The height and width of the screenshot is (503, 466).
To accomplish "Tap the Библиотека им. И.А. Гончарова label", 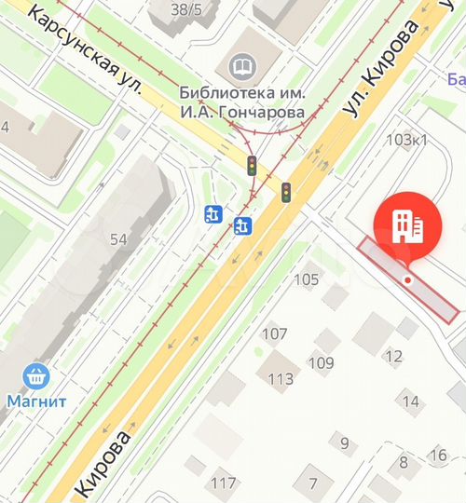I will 242,102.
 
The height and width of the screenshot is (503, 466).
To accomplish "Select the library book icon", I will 241,66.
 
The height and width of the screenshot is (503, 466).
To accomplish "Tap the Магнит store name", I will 36,402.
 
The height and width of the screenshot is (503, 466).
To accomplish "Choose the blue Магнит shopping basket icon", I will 36,377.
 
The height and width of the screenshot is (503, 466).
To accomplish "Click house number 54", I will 118,239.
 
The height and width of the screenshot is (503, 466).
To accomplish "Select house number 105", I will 306,279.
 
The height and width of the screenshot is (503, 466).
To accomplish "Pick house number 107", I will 274,333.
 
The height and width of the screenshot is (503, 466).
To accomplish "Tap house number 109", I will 321,362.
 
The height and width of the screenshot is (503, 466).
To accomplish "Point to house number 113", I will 281,378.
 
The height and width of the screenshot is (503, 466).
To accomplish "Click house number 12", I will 394,356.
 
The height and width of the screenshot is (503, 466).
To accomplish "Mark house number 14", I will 411,401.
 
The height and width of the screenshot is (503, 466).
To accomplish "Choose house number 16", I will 439,455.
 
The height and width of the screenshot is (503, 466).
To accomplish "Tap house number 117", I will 224,483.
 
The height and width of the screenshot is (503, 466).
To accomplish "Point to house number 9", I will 344,442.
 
